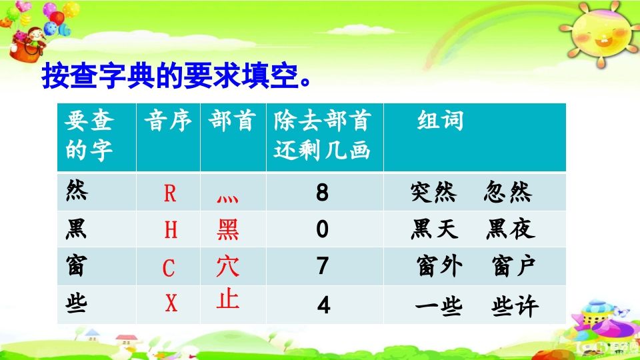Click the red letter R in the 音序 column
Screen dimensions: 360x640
tap(170, 194)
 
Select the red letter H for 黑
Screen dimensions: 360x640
tap(171, 230)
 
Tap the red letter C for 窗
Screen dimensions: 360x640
tap(169, 268)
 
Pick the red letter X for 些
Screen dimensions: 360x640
tap(171, 304)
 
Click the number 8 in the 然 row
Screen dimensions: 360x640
tap(323, 193)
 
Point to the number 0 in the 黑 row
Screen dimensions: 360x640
tap(323, 230)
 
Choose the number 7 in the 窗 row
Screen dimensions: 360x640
tap(323, 267)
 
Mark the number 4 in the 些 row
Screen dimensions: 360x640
tap(323, 305)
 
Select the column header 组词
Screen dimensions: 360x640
tap(440, 121)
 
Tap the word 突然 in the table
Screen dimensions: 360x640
tap(433, 193)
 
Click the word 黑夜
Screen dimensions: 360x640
tap(510, 230)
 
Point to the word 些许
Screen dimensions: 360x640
tap(515, 305)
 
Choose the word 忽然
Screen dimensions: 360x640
tap(508, 193)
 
